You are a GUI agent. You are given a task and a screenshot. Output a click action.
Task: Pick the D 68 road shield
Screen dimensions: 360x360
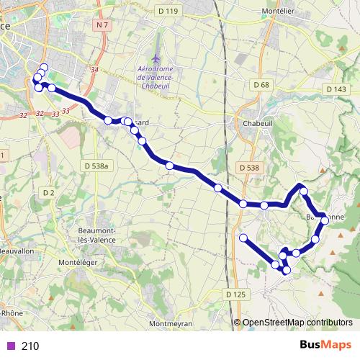tap(261, 85)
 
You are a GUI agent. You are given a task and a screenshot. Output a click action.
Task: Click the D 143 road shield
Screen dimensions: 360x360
tap(336, 89)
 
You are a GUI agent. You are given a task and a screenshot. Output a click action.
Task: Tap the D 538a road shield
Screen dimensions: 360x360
tap(96, 166)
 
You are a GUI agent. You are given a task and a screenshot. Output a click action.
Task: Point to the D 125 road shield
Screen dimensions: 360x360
tap(235, 294)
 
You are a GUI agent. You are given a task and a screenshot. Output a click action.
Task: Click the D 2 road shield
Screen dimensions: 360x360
tap(48, 192)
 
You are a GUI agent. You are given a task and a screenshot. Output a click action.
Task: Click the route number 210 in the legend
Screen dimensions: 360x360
tap(30, 346)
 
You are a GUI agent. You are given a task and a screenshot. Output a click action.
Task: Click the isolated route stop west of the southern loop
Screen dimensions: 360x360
tap(243, 238)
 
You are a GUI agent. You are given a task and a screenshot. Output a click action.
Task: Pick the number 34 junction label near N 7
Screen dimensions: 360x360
tap(94, 69)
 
